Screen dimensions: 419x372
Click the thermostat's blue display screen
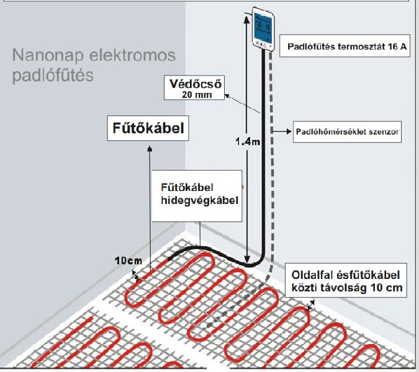262,27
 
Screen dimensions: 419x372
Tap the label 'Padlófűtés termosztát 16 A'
347,46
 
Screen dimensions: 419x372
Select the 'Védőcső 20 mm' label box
194,88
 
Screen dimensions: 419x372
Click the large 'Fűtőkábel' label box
148,128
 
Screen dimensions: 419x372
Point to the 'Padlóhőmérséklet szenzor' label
348,131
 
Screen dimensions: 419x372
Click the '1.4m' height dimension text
248,142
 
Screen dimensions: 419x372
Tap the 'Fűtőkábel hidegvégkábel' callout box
197,196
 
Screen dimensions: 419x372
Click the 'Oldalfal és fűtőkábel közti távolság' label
346,281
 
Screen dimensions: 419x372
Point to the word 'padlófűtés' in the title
53,75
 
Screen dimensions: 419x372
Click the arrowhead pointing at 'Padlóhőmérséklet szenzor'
289,131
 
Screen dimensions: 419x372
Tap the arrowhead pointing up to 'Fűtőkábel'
150,148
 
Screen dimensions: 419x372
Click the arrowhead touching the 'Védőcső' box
228,96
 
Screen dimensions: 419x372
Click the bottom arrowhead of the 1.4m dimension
247,259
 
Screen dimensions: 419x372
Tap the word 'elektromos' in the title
132,55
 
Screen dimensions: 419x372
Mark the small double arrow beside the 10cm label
136,276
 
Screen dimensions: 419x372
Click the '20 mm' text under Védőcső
197,95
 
